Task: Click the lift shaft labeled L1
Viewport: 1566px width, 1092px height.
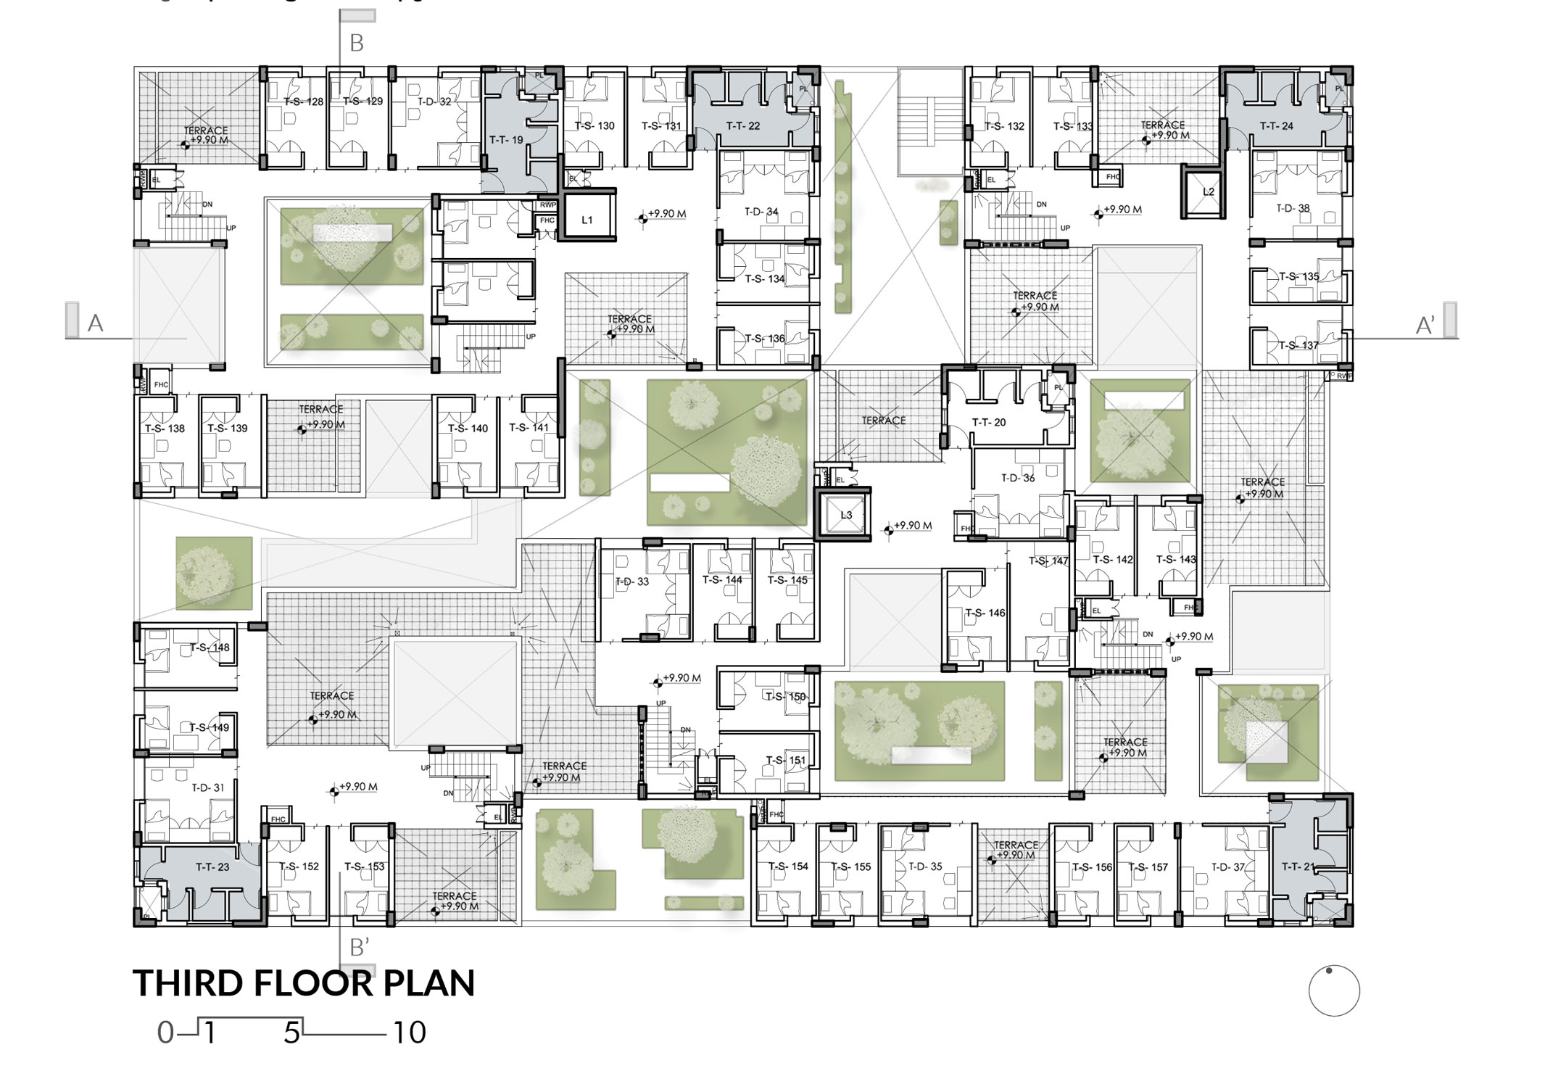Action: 587,220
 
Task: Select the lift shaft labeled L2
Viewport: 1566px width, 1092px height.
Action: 1208,192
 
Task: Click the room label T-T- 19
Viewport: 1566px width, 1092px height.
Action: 506,140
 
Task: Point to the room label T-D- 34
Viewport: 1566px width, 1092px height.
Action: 761,212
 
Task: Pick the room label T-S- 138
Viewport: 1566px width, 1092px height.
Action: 165,429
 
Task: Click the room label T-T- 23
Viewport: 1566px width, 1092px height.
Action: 212,866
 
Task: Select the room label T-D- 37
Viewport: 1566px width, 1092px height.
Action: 1228,866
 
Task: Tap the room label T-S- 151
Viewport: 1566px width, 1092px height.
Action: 786,761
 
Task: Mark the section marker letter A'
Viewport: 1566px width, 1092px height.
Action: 1425,326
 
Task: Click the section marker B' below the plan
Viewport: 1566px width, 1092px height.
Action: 360,948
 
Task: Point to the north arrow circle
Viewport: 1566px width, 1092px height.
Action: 1334,991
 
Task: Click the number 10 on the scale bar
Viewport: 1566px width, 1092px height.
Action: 410,1033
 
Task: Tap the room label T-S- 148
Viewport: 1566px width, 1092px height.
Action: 210,648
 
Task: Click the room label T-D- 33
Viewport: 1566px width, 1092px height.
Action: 632,582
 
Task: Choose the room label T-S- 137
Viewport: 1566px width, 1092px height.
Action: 1298,345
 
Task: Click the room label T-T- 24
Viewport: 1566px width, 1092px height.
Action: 1277,126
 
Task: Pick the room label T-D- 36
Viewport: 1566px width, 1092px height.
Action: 1018,479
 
